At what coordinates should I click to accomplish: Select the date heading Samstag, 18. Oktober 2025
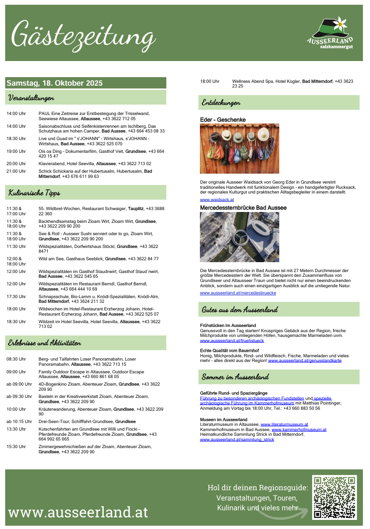click(x=54, y=83)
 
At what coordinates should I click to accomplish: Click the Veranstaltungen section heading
click(x=30, y=98)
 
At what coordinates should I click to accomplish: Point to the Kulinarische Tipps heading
click(x=34, y=193)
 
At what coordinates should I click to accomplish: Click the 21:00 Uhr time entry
click(x=16, y=171)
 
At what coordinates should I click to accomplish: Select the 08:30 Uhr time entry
click(x=16, y=359)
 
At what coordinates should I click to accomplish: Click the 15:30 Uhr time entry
click(x=16, y=446)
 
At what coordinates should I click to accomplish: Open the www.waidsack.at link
click(x=217, y=200)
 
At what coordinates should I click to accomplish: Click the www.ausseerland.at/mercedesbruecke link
click(x=238, y=293)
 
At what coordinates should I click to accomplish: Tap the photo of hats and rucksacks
click(x=240, y=149)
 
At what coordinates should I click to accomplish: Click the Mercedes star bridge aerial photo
click(x=240, y=237)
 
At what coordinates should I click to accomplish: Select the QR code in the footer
click(x=334, y=498)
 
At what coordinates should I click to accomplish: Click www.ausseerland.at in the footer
click(x=78, y=512)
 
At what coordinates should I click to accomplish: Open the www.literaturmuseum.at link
click(x=284, y=424)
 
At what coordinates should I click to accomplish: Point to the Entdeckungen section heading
click(x=221, y=102)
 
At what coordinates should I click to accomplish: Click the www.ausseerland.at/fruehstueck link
click(x=232, y=340)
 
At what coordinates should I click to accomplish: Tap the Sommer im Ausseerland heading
click(x=235, y=377)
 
